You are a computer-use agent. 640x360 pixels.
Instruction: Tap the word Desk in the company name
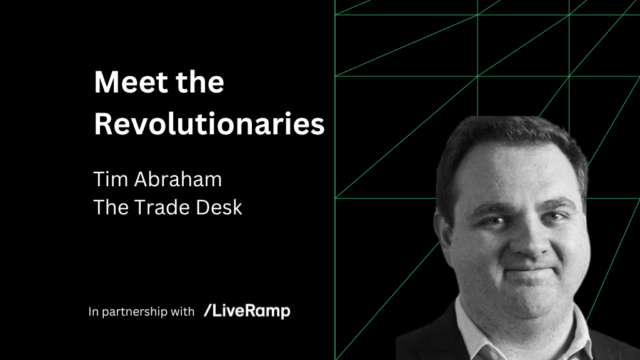[x=220, y=207]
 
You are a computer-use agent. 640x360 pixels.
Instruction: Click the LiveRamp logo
[x=247, y=311]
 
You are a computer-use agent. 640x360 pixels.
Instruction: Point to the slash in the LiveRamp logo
[x=207, y=311]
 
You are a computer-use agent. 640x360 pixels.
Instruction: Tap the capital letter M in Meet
[x=105, y=83]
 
